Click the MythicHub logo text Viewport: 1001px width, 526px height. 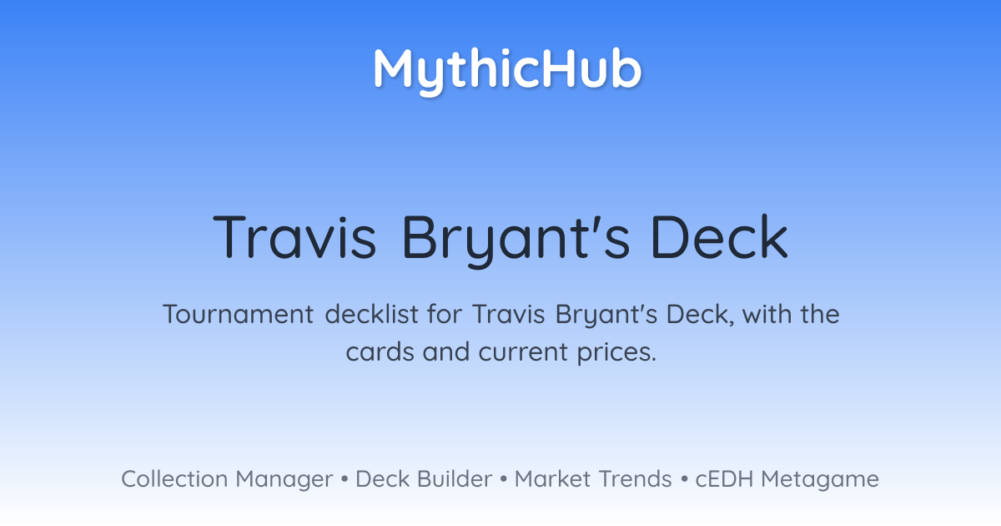[507, 71]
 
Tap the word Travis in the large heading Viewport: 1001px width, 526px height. [294, 236]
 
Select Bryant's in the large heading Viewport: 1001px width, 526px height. [516, 240]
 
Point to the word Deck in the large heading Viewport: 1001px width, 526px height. [719, 236]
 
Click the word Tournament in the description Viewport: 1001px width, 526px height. [239, 314]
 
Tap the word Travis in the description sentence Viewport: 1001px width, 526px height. [509, 314]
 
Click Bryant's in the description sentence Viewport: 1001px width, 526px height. [606, 316]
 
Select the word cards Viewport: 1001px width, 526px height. [380, 352]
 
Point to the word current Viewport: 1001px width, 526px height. [523, 352]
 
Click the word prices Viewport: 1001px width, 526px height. [616, 353]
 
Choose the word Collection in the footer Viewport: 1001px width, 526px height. [174, 479]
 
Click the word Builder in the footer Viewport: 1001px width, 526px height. [455, 479]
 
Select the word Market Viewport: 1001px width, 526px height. [552, 479]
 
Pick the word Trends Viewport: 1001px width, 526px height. [635, 479]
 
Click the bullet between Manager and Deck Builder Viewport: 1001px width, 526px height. [344, 479]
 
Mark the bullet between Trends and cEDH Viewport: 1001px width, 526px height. [684, 479]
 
